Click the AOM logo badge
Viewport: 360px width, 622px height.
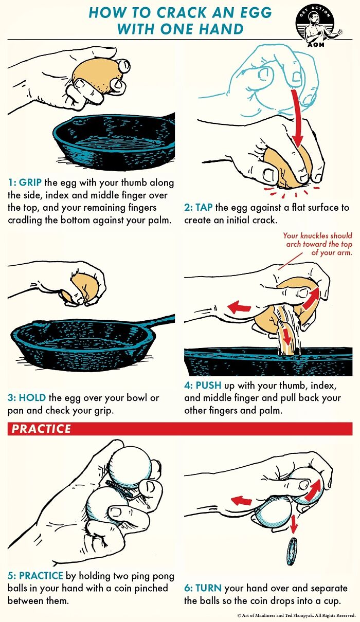[x=314, y=24]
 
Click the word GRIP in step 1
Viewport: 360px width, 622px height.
[x=30, y=183]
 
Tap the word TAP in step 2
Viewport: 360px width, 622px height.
[x=204, y=208]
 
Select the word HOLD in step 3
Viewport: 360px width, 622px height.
[x=32, y=398]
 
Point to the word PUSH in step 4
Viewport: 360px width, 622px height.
[x=209, y=386]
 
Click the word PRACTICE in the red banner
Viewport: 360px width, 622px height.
[x=42, y=429]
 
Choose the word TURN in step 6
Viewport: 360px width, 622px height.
[x=209, y=588]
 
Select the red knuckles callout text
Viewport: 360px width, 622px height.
[x=317, y=244]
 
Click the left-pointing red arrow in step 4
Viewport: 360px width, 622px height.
[x=240, y=307]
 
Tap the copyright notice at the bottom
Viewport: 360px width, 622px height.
[x=296, y=615]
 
